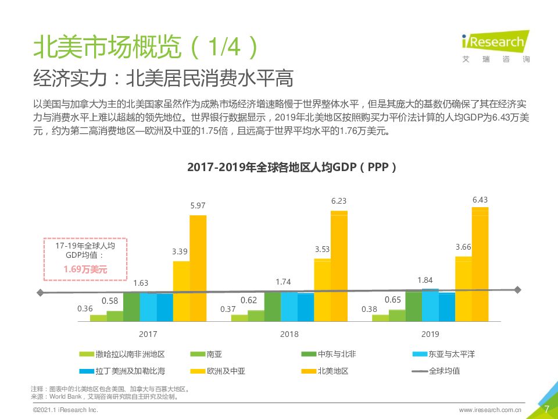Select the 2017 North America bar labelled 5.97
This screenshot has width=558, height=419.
tap(198, 268)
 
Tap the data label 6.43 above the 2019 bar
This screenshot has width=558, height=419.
tap(480, 200)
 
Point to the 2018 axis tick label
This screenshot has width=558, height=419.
tap(289, 334)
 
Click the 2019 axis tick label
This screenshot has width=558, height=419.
tap(430, 334)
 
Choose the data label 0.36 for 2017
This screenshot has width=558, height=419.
tap(85, 308)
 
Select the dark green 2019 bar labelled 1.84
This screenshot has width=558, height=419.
tap(413, 306)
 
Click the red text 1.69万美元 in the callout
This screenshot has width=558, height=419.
tap(85, 269)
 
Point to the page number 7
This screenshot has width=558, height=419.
tap(546, 409)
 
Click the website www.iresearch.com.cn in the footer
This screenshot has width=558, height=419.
tap(490, 410)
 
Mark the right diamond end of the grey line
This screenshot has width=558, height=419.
tap(518, 290)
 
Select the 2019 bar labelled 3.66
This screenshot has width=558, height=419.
tap(463, 289)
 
